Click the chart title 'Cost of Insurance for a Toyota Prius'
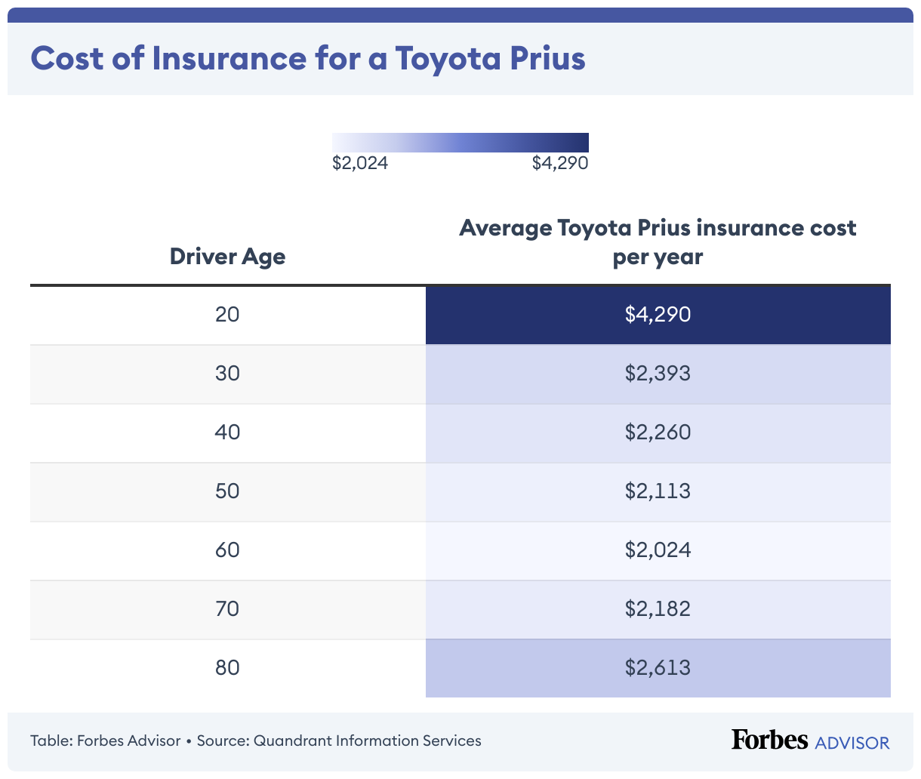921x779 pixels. [308, 59]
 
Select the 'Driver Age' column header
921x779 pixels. [227, 257]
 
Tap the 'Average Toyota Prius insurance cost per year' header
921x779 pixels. [658, 242]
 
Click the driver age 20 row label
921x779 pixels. [227, 314]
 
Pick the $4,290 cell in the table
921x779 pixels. [658, 314]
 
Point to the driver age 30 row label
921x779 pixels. [227, 373]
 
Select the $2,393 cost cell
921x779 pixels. [658, 373]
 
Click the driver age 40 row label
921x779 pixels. [227, 432]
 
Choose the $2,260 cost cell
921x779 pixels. [658, 432]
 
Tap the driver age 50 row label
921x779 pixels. [227, 491]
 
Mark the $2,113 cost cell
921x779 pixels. [658, 491]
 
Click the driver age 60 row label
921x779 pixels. [227, 550]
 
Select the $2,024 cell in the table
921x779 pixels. [658, 550]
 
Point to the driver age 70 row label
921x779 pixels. [227, 608]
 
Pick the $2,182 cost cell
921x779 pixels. [658, 608]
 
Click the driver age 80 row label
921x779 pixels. [227, 667]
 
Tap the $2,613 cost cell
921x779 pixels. [658, 667]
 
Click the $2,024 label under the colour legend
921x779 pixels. [360, 163]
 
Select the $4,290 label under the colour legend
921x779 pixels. [559, 163]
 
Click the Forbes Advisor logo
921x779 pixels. [810, 741]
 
